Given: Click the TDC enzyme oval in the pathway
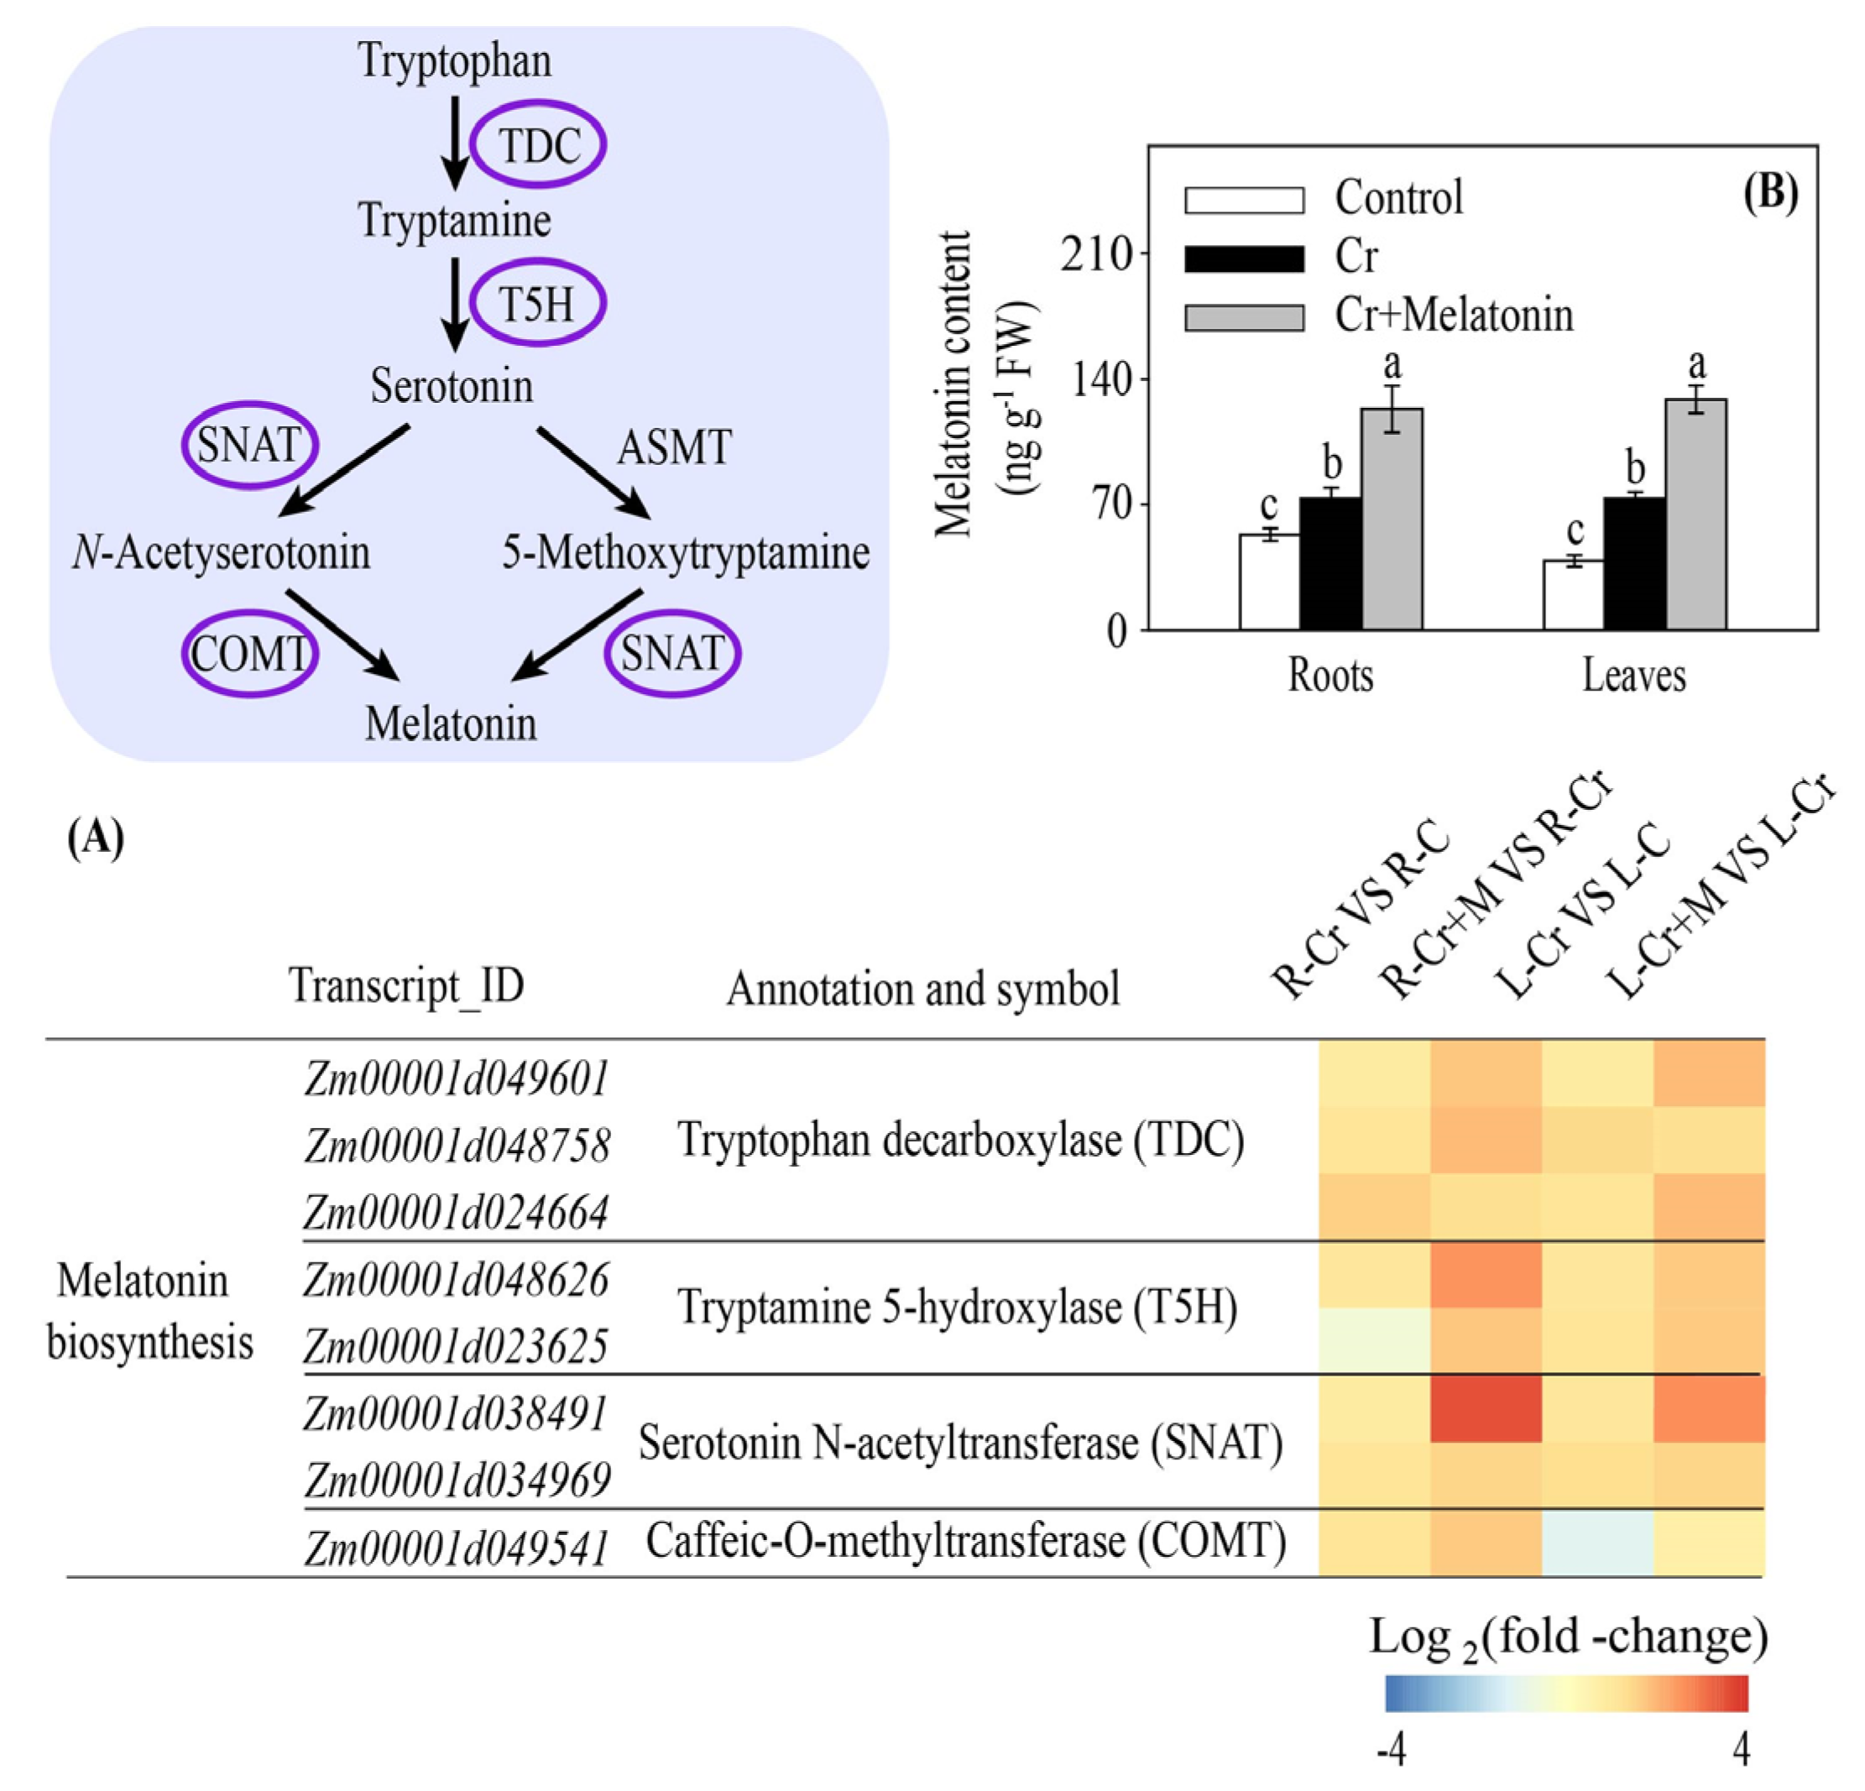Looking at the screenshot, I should click(539, 144).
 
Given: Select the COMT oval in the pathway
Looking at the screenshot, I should click(249, 654).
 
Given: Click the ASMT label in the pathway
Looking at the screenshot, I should click(674, 447).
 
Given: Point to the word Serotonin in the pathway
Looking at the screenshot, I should click(452, 386).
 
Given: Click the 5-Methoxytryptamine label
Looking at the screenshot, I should click(685, 553).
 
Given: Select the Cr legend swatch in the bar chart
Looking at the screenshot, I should click(1244, 258).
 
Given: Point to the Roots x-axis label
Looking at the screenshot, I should click(1330, 676).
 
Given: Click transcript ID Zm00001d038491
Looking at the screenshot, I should click(456, 1413).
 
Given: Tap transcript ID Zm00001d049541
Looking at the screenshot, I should click(456, 1548).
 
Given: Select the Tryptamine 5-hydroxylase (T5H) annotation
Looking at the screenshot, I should click(957, 1308).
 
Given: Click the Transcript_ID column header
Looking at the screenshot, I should click(406, 986).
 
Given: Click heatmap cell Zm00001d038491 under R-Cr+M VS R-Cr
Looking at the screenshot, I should click(1486, 1408).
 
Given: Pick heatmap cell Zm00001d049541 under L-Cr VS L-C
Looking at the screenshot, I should click(1596, 1543).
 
